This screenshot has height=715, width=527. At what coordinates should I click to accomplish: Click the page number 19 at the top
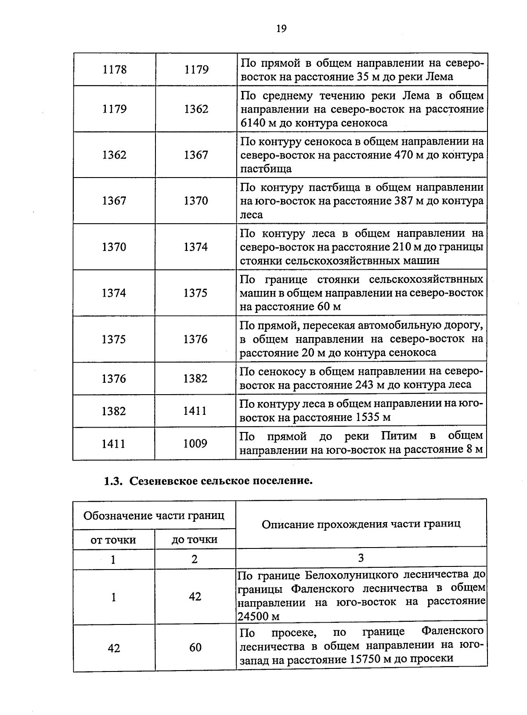pos(282,29)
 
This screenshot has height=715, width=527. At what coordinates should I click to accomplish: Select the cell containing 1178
pos(114,69)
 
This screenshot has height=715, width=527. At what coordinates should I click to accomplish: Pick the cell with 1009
pos(195,443)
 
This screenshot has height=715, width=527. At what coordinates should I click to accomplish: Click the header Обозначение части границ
pos(154,515)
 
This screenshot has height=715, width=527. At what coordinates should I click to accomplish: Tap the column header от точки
pos(113,540)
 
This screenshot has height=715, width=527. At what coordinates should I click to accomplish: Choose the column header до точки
pos(195,540)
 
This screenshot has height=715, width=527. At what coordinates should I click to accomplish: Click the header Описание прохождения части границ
pos(361,524)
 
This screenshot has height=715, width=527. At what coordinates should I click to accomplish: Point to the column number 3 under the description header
pos(361,558)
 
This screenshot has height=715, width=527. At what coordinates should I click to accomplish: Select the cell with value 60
pos(195,647)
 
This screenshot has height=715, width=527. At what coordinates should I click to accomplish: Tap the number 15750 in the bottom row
pos(366,659)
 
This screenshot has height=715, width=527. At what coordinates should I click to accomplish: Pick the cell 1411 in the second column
pos(195,411)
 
